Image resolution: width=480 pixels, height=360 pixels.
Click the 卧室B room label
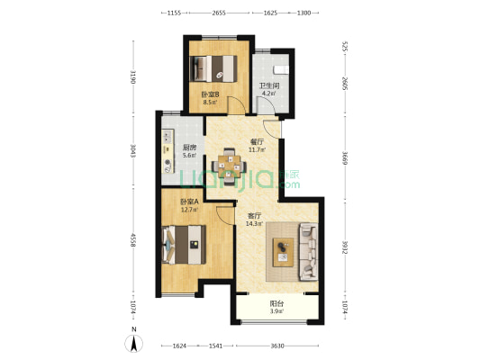(x=210, y=94)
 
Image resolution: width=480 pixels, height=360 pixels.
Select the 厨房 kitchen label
(x=189, y=148)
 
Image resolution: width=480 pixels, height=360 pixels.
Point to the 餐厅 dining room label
(x=258, y=142)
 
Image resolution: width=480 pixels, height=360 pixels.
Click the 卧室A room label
(x=189, y=202)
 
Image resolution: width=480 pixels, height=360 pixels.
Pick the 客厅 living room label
(x=254, y=216)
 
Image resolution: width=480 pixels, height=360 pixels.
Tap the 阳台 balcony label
(x=276, y=303)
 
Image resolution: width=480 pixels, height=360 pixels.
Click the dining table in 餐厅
(x=230, y=167)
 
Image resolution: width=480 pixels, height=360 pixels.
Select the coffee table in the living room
(x=283, y=252)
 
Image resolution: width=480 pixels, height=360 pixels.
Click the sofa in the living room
(x=309, y=252)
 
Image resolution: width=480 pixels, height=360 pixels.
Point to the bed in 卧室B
(x=213, y=68)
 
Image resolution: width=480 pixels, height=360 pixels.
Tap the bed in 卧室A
(x=184, y=245)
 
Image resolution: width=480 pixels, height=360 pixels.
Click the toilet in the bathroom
(x=281, y=69)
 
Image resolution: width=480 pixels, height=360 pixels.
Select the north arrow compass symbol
(x=134, y=343)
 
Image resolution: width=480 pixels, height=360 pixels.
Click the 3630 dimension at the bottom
(x=277, y=346)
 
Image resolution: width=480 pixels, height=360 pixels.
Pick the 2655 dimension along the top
(x=219, y=13)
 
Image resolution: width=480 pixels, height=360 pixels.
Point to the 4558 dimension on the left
(x=133, y=240)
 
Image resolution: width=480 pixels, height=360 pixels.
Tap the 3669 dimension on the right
(x=345, y=158)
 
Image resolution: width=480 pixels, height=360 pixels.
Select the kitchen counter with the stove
(x=168, y=151)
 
